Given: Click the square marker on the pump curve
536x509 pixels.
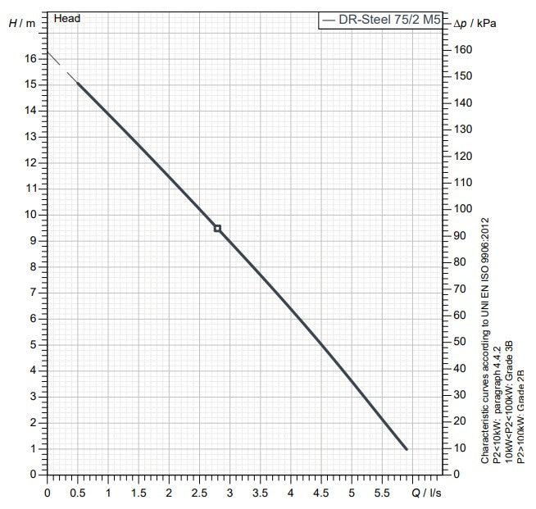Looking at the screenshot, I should point(217,228).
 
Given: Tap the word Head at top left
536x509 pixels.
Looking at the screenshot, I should point(67,18).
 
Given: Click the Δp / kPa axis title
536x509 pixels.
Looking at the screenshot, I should point(475,23).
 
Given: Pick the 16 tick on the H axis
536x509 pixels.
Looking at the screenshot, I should point(30,59).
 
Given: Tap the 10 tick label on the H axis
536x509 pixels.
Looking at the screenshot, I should point(30,215).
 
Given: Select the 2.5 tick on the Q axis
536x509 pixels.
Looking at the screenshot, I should point(199,493).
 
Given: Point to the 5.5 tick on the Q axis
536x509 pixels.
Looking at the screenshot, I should point(382,493).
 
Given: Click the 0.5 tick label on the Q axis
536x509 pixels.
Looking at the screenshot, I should point(78,493).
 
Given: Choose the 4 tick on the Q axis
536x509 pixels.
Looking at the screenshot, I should point(291,493).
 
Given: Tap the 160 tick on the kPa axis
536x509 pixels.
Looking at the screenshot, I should point(464,49).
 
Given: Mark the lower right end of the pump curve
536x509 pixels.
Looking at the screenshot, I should point(406,448).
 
